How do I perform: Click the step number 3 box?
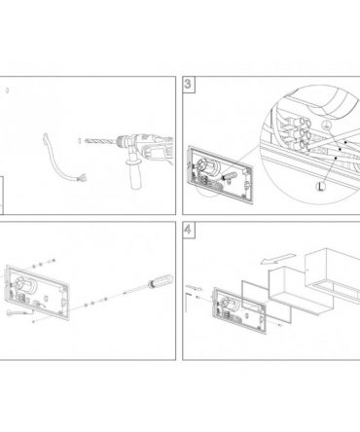189,85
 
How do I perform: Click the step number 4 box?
189,230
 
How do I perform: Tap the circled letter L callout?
320,186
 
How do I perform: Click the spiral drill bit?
100,141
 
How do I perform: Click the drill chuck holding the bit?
124,141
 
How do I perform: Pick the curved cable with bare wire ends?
59,158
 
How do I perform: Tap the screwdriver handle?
161,280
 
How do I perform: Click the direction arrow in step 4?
278,258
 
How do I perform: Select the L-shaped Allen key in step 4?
187,302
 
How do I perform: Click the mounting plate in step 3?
220,172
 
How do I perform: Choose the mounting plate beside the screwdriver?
37,293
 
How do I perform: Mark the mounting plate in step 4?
239,310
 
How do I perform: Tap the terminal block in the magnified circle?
298,134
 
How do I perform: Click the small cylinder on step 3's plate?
229,177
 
